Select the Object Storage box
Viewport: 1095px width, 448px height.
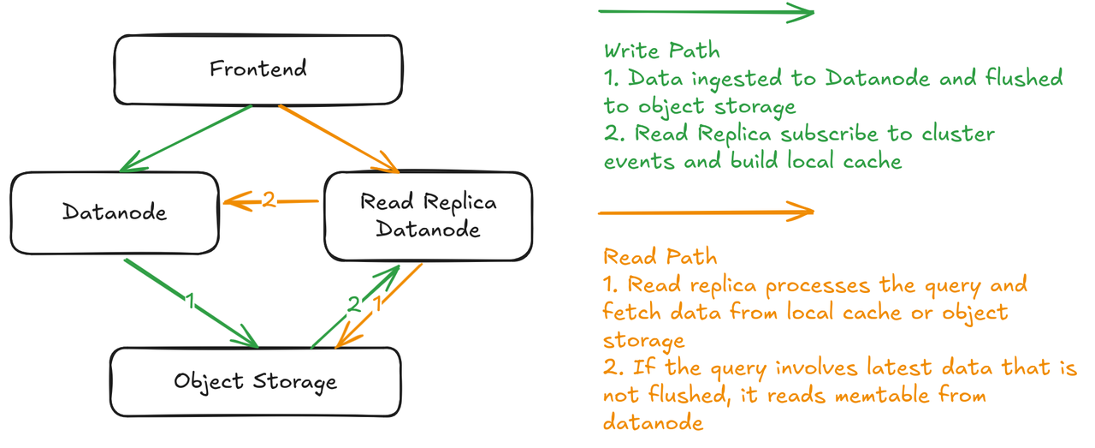coord(255,380)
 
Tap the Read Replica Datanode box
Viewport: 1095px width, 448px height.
coord(427,216)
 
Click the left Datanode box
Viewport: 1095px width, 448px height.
coord(115,212)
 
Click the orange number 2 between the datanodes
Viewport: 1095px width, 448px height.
coord(269,201)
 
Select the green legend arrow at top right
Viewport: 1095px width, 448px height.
coord(705,13)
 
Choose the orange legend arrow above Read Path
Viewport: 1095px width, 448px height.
coord(705,211)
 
